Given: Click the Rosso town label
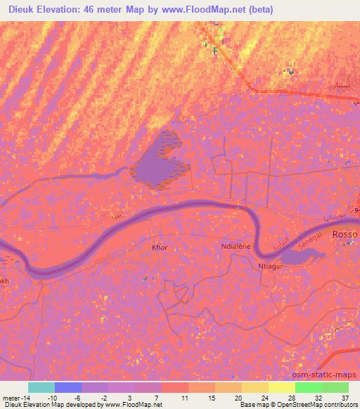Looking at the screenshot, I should point(345,234).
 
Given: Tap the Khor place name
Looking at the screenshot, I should point(160,247).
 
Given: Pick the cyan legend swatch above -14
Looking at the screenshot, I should point(41,387).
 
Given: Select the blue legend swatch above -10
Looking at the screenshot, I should point(67,387).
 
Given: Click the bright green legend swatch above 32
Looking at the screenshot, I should point(308,387).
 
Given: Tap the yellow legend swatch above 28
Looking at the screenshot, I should point(281,387).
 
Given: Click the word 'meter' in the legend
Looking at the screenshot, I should point(11,398).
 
